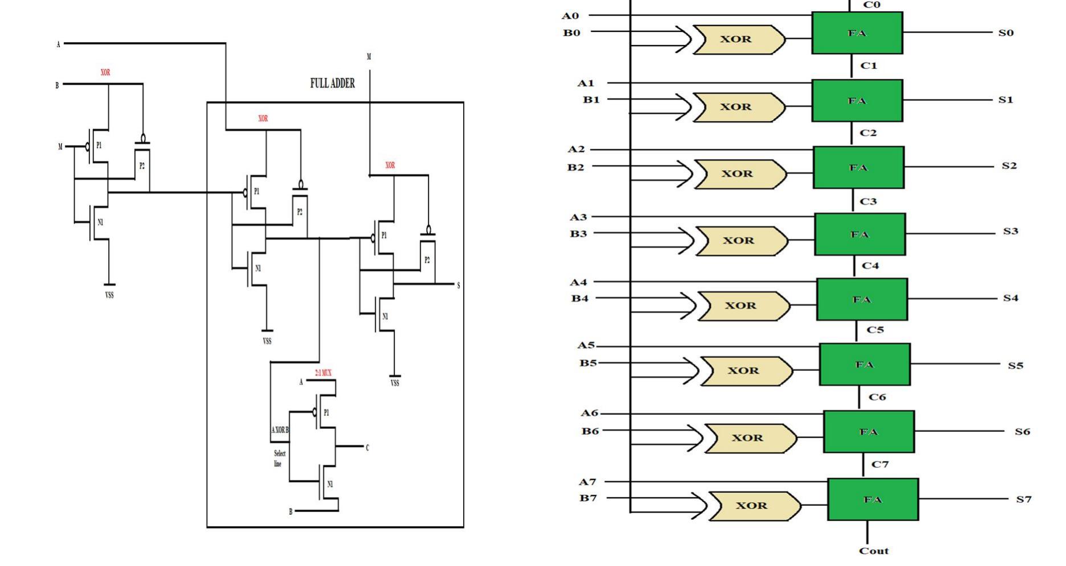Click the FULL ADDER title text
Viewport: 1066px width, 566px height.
332,84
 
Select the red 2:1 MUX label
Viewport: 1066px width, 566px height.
323,373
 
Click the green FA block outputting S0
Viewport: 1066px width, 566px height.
857,34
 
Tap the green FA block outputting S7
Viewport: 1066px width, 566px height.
872,499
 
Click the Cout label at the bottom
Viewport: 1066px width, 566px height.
873,551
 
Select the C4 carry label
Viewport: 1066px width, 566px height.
870,266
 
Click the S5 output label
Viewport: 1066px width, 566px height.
1015,366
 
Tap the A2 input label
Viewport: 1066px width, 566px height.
576,150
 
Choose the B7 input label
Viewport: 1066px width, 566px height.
588,498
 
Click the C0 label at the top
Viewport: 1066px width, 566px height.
871,5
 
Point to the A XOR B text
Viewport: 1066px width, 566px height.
279,430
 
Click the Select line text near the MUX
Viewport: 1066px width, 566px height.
279,458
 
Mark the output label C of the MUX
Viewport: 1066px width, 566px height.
367,448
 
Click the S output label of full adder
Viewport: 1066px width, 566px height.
458,286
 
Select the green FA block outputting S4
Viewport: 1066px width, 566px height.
862,300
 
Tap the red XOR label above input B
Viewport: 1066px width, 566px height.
105,73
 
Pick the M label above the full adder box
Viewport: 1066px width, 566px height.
369,57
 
